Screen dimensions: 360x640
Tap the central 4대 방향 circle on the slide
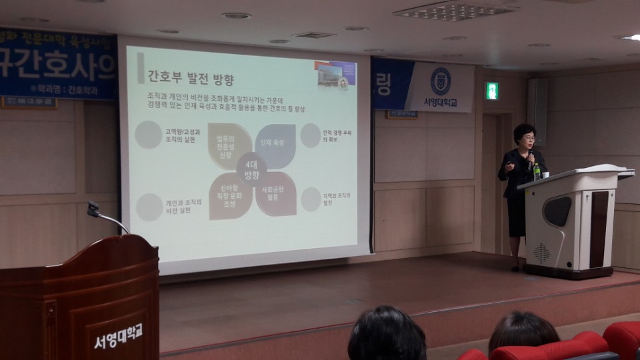point(251,171)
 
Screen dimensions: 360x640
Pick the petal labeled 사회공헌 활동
point(275,194)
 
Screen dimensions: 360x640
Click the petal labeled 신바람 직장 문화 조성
point(230,195)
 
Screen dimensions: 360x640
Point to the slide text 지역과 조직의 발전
point(337,199)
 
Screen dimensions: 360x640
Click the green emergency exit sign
point(492,91)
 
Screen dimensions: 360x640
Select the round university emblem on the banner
point(441,81)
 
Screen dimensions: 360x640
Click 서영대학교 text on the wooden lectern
point(118,341)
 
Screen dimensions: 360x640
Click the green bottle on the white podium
point(537,171)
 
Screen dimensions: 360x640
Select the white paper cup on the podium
point(545,175)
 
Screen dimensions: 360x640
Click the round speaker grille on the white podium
point(542,253)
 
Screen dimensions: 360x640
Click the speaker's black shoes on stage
point(515,267)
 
